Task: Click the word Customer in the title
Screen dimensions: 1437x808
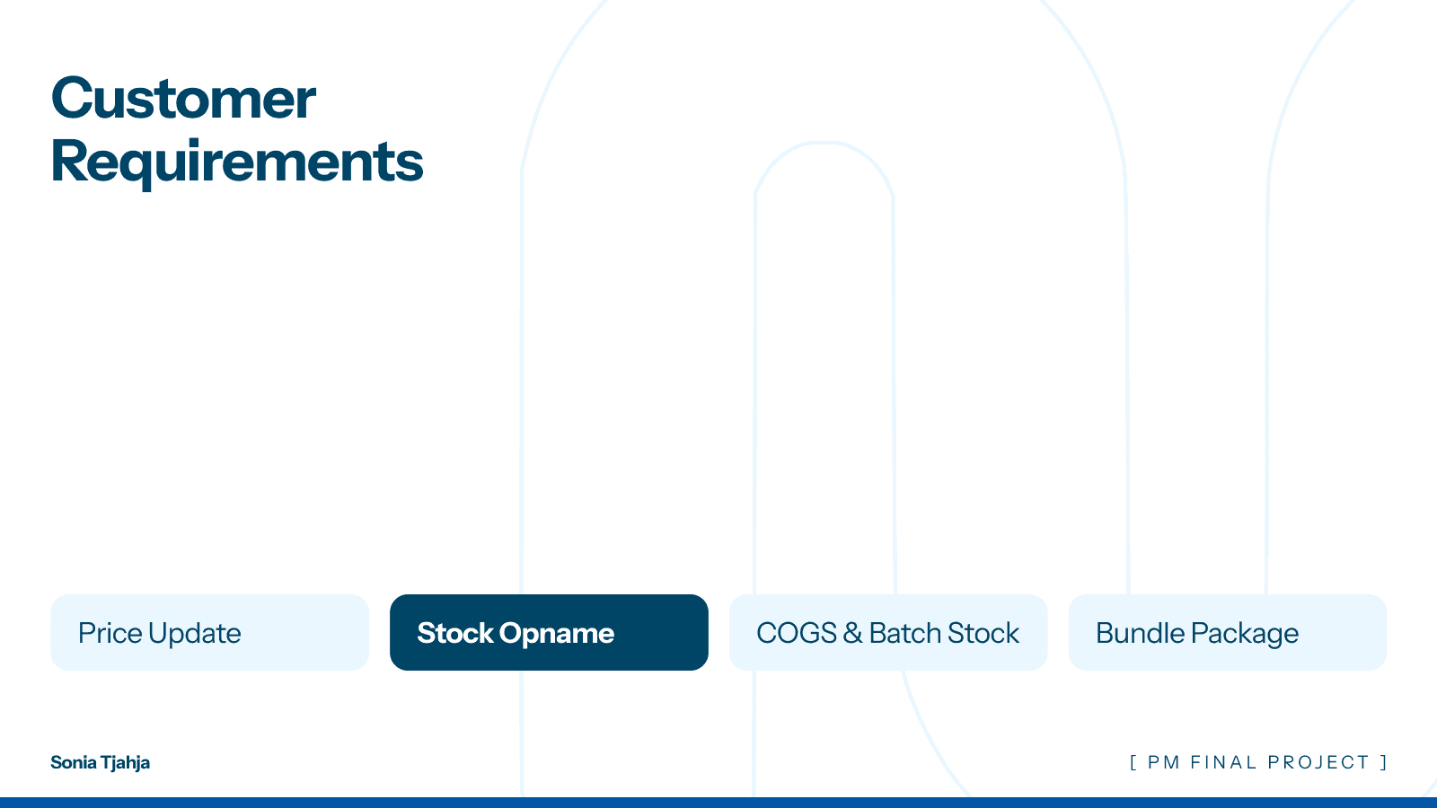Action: pyautogui.click(x=183, y=98)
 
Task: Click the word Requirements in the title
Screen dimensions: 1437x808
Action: pyautogui.click(x=237, y=162)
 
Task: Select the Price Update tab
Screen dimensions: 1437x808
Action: pyautogui.click(x=209, y=632)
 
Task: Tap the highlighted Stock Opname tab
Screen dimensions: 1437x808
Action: pyautogui.click(x=549, y=632)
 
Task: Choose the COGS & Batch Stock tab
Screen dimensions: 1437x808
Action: pyautogui.click(x=888, y=632)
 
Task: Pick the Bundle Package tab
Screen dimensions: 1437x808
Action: pyautogui.click(x=1228, y=632)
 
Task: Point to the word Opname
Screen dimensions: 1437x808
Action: pyautogui.click(x=557, y=633)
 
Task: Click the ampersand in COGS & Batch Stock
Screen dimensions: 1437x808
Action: pyautogui.click(x=852, y=633)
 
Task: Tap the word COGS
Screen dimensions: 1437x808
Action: pyautogui.click(x=797, y=633)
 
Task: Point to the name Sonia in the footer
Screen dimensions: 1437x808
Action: pyautogui.click(x=74, y=762)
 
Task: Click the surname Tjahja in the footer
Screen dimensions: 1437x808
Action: pyautogui.click(x=125, y=763)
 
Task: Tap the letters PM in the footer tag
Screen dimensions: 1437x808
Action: pyautogui.click(x=1164, y=762)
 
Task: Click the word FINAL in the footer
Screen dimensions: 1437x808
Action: pyautogui.click(x=1223, y=762)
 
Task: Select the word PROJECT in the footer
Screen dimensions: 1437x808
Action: pyautogui.click(x=1318, y=762)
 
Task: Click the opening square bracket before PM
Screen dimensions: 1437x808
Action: pyautogui.click(x=1133, y=762)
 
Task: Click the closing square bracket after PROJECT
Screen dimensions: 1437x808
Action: pyautogui.click(x=1384, y=762)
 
